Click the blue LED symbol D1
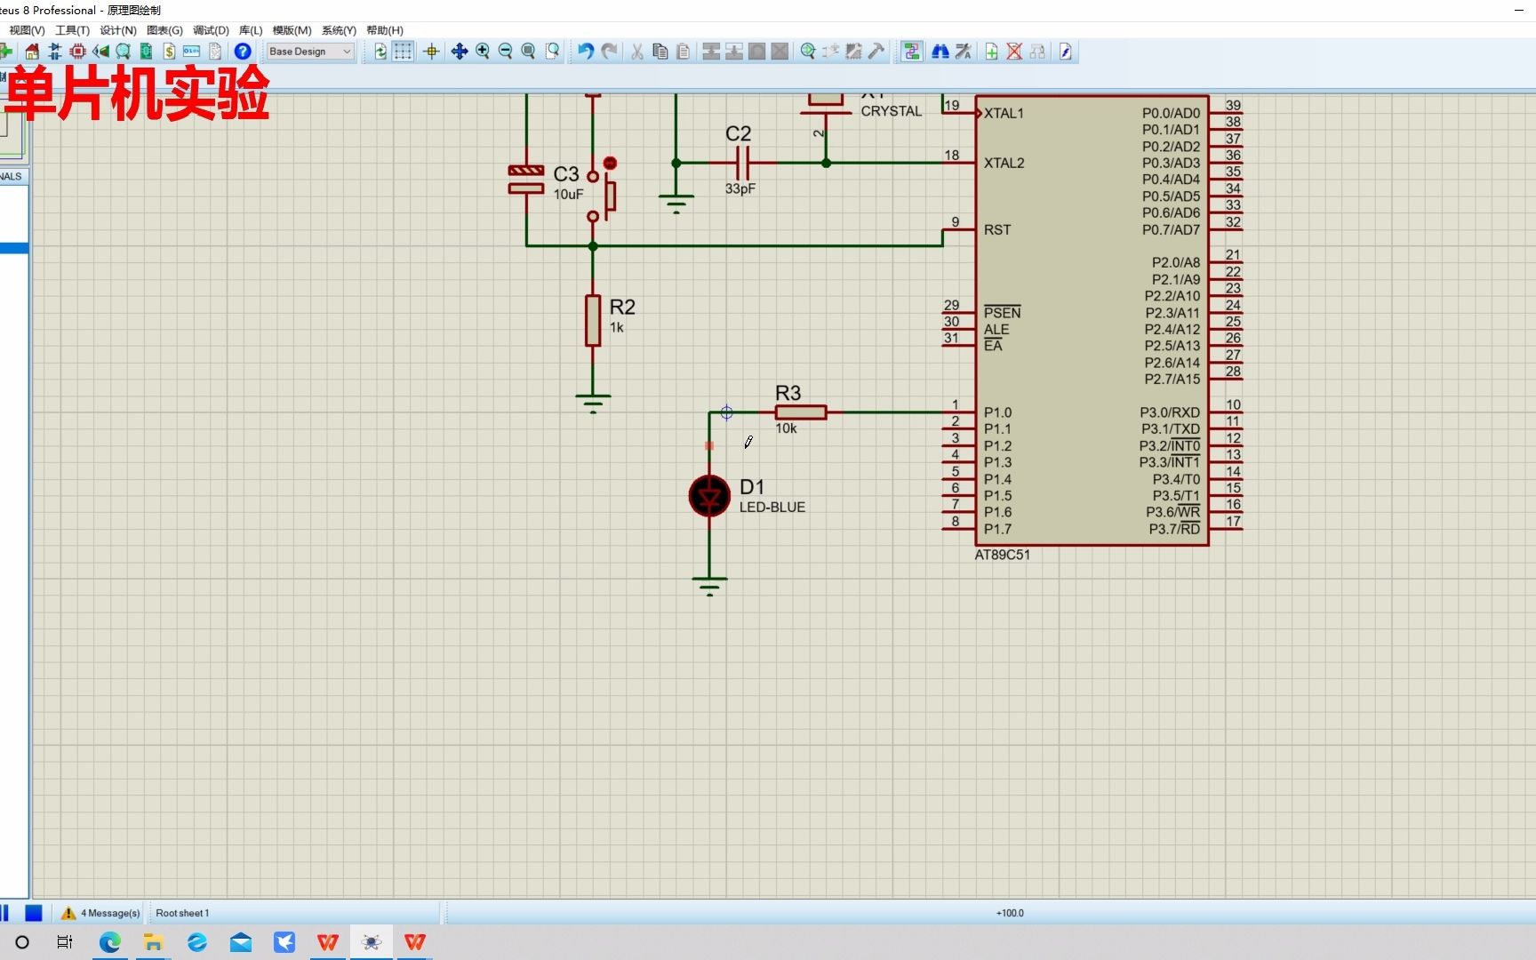(x=709, y=496)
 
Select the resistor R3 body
(x=800, y=412)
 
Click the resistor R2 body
(x=593, y=320)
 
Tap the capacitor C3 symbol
(x=526, y=179)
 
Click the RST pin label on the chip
(x=996, y=229)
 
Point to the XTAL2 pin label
(x=1004, y=163)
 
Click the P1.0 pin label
(x=997, y=412)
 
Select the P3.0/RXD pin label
(x=1169, y=412)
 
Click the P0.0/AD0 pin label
(x=1170, y=113)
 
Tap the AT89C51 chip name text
(x=1002, y=555)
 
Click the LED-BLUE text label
(x=772, y=508)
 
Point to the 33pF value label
(x=740, y=188)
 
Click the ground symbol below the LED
(x=709, y=584)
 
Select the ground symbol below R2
(x=593, y=402)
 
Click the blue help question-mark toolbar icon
(x=242, y=52)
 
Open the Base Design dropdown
(x=310, y=52)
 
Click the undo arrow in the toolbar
(x=585, y=52)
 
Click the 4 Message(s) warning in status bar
(x=100, y=913)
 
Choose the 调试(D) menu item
(x=211, y=30)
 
